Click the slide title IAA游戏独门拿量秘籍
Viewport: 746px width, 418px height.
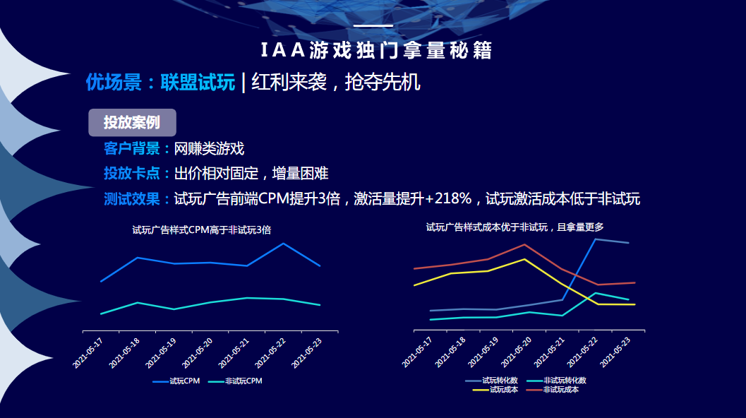(x=373, y=50)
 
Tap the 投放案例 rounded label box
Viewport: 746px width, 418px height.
(x=132, y=122)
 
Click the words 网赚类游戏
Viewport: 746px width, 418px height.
(x=209, y=149)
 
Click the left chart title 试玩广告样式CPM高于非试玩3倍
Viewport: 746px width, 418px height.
(x=202, y=229)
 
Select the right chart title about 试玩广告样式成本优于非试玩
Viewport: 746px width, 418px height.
(x=515, y=227)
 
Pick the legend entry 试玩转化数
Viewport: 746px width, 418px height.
(x=498, y=380)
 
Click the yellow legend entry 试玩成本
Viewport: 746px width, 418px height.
(x=503, y=389)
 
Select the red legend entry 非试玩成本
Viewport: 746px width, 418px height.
(x=561, y=389)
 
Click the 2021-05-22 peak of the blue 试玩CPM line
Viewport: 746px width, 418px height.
(x=283, y=244)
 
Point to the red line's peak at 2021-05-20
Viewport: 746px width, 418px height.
(x=524, y=244)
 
